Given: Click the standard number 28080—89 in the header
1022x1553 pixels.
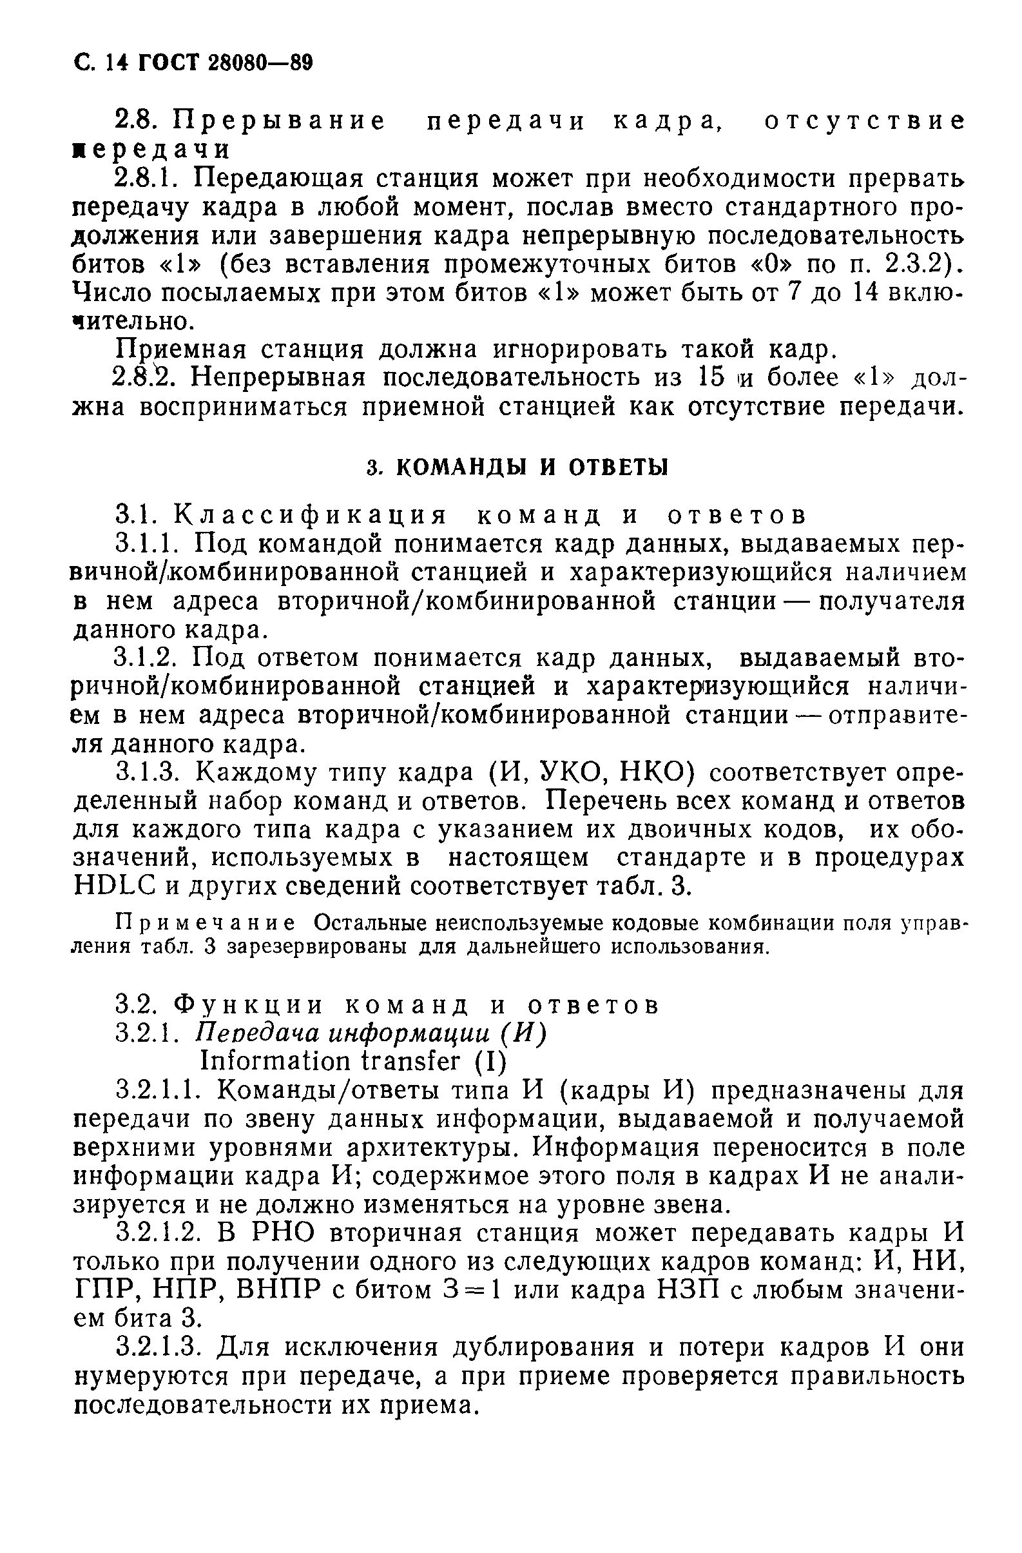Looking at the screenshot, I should click(260, 63).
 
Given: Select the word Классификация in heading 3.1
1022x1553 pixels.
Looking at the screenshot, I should click(312, 516).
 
